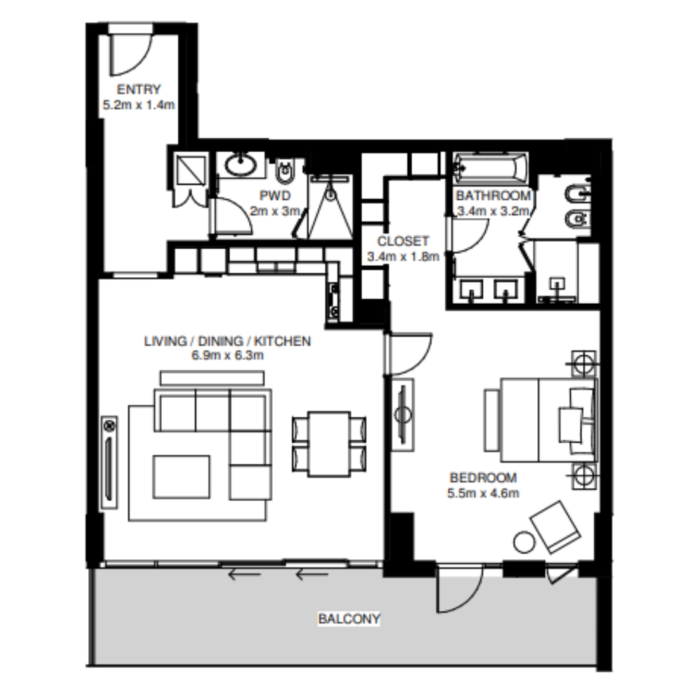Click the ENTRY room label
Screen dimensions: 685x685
pyautogui.click(x=139, y=89)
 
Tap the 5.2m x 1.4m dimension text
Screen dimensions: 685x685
pyautogui.click(x=139, y=105)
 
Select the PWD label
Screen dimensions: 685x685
pyautogui.click(x=275, y=195)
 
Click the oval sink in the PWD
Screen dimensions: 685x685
pyautogui.click(x=241, y=164)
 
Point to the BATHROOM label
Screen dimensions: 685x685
pyautogui.click(x=493, y=195)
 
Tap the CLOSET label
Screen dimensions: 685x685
pyautogui.click(x=403, y=241)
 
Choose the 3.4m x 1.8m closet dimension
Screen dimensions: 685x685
pyautogui.click(x=403, y=256)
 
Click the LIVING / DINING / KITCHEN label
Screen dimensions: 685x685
pyautogui.click(x=228, y=341)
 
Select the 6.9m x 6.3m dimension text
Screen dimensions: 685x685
pyautogui.click(x=228, y=355)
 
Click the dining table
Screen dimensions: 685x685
pyautogui.click(x=329, y=444)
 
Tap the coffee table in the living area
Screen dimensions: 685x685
pyautogui.click(x=181, y=476)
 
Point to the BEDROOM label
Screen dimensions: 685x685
pyautogui.click(x=483, y=478)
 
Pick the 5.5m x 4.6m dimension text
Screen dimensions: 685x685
pyautogui.click(x=483, y=493)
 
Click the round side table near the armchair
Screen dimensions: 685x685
pyautogui.click(x=524, y=542)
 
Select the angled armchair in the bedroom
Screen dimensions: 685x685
pyautogui.click(x=555, y=527)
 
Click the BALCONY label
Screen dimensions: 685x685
pyautogui.click(x=349, y=618)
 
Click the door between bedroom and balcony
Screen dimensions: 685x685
pyautogui.click(x=460, y=589)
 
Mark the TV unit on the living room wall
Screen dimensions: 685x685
pyautogui.click(x=109, y=462)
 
